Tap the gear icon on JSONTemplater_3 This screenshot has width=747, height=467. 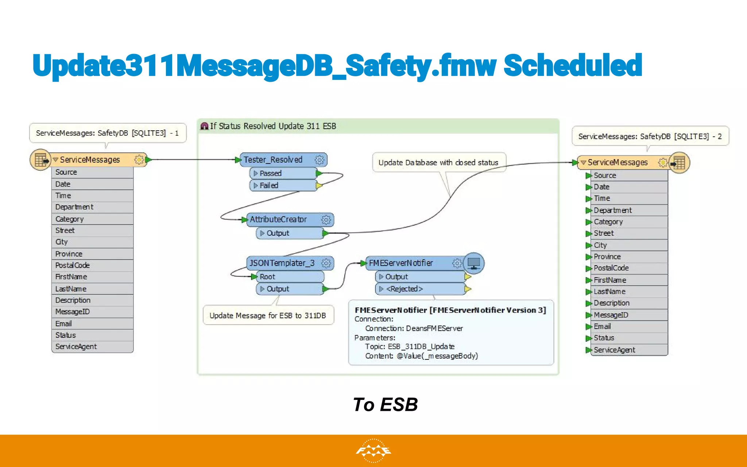click(326, 263)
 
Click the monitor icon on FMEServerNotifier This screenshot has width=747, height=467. click(474, 263)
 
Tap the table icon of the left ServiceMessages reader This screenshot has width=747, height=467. click(40, 160)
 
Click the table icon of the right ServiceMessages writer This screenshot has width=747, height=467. click(679, 163)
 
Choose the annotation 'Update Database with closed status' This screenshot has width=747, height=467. click(438, 162)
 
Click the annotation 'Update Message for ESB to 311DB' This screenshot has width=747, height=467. click(268, 315)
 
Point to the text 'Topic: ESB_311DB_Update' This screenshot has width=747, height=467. click(410, 347)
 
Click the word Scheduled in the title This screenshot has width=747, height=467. click(573, 66)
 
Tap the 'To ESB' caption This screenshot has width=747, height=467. click(385, 405)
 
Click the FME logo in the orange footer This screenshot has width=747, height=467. click(373, 451)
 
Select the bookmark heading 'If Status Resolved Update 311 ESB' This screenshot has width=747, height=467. click(273, 126)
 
